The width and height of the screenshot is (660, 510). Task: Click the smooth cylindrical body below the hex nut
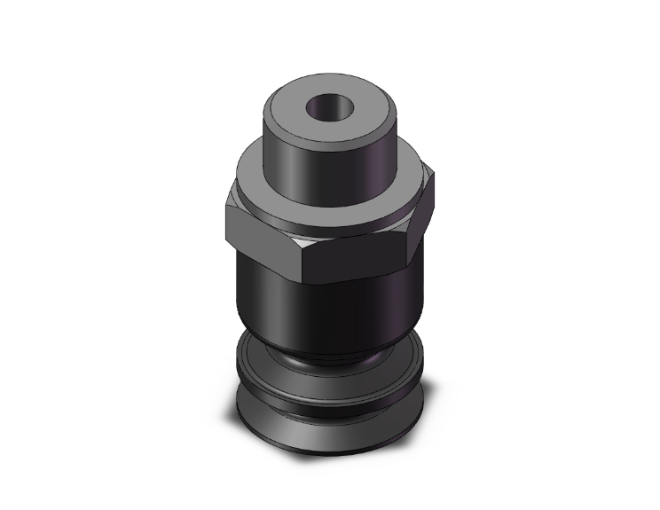(328, 306)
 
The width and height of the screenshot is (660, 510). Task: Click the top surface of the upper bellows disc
(266, 355)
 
